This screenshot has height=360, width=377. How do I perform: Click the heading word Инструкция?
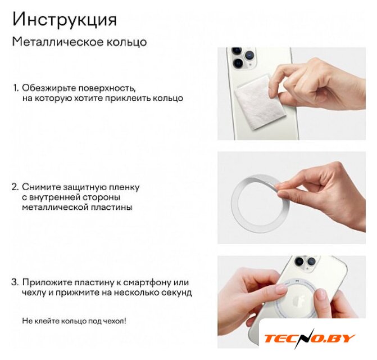click(x=65, y=20)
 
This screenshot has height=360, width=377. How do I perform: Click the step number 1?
click(x=15, y=88)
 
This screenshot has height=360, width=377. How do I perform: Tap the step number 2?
click(x=15, y=187)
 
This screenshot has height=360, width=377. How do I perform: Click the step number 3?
click(x=15, y=282)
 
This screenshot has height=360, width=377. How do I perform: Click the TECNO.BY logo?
click(x=310, y=339)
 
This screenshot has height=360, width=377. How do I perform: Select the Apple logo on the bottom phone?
click(x=297, y=301)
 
